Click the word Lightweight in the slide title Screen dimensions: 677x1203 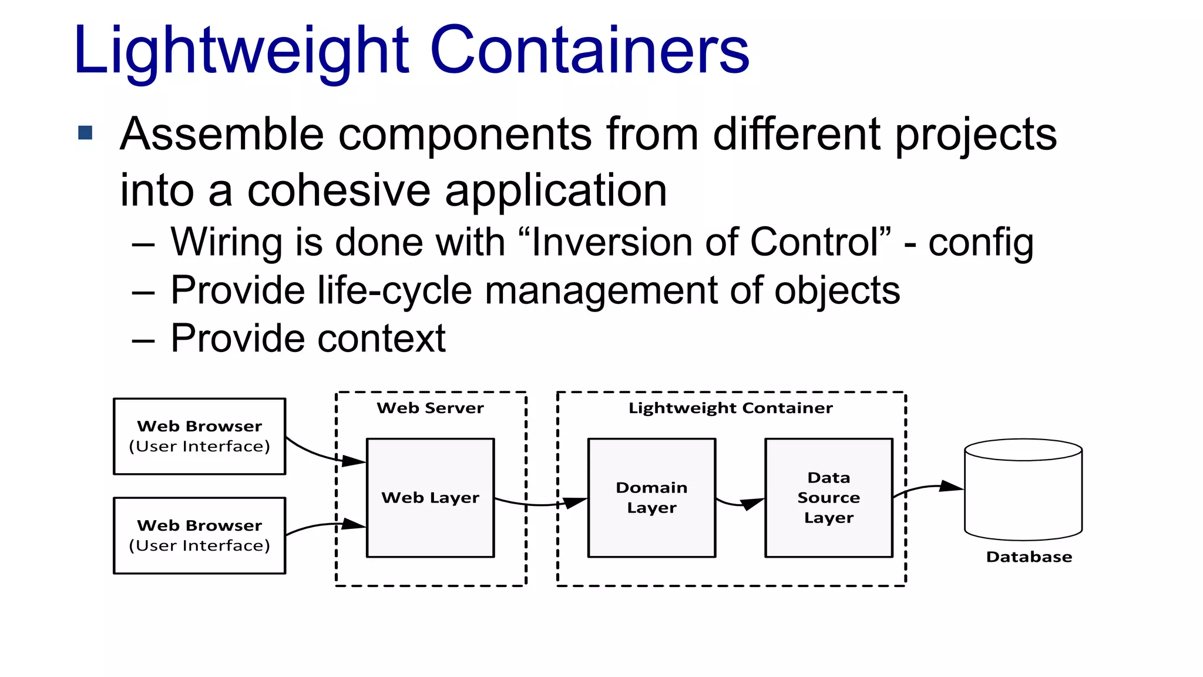coord(241,52)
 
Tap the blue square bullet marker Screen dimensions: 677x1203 coord(85,133)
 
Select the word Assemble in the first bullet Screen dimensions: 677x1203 coord(221,134)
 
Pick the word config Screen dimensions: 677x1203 coord(980,243)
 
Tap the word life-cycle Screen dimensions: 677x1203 coord(394,291)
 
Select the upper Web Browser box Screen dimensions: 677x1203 coord(200,436)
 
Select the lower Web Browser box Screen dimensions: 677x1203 coord(200,535)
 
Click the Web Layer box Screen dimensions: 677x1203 coord(430,497)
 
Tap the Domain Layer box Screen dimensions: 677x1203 coord(651,497)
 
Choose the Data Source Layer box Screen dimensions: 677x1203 coord(828,497)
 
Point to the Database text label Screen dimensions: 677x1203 coord(1029,557)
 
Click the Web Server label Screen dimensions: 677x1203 coord(430,408)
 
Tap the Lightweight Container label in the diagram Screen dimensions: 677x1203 coord(730,408)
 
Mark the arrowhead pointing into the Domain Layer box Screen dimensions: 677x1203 coord(575,502)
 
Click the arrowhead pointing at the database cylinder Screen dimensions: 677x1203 coord(950,487)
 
